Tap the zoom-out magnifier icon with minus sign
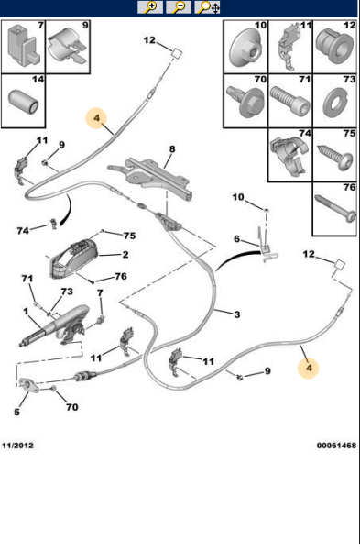[179, 8]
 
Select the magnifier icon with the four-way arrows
[208, 8]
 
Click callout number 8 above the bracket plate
[170, 149]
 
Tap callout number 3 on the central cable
[236, 315]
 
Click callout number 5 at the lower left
[17, 399]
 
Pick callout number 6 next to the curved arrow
[236, 239]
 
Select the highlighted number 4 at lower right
[310, 368]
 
